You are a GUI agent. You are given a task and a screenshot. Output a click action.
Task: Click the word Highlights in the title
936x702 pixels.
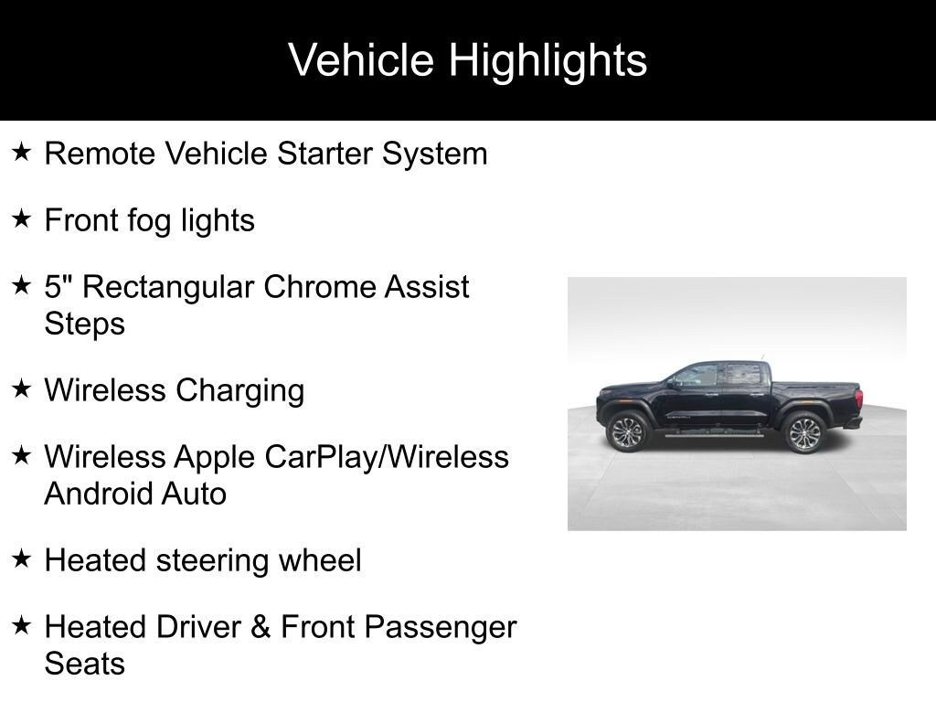[548, 61]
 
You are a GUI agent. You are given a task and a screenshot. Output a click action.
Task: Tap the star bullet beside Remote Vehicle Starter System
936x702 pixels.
[21, 152]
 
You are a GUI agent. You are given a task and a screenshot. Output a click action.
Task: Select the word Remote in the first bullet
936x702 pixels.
[100, 154]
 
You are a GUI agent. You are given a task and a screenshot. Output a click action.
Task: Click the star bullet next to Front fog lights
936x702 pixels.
[21, 218]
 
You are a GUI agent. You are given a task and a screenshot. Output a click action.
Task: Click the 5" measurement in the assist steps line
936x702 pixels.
[58, 286]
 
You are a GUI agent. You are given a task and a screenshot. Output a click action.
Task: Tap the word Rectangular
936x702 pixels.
[168, 288]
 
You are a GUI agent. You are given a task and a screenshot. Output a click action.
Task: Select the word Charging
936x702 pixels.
[240, 391]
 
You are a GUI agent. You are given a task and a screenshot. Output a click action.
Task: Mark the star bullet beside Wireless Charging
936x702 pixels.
[21, 388]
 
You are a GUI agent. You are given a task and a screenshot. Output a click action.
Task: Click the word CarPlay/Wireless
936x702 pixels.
[387, 457]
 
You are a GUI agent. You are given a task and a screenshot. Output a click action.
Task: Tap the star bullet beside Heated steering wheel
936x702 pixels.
[21, 558]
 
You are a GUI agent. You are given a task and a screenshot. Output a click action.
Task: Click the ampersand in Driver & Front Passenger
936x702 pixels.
[261, 627]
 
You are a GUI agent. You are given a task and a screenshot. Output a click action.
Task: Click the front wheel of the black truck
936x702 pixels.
[627, 431]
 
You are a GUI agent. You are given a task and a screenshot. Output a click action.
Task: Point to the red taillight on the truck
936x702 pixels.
[858, 399]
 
